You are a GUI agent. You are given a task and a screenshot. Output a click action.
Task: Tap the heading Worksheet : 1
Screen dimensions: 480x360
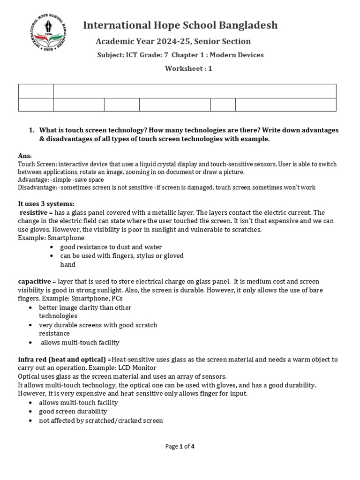188,68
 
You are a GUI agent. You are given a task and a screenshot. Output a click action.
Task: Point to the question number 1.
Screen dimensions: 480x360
31,130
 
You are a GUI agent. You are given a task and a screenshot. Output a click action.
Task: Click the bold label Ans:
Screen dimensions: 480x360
25,156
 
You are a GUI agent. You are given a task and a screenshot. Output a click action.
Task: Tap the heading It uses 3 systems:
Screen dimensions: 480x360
46,204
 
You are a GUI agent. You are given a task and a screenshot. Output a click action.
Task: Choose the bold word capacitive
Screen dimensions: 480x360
34,281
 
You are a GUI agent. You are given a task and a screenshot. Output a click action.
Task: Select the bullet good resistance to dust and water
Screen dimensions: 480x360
111,247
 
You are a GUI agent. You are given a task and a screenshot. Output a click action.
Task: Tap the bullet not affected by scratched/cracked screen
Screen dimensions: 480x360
101,420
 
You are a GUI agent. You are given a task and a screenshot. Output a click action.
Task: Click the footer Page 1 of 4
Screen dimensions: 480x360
180,446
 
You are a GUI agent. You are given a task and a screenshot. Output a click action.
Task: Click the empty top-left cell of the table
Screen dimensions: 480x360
36,91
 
